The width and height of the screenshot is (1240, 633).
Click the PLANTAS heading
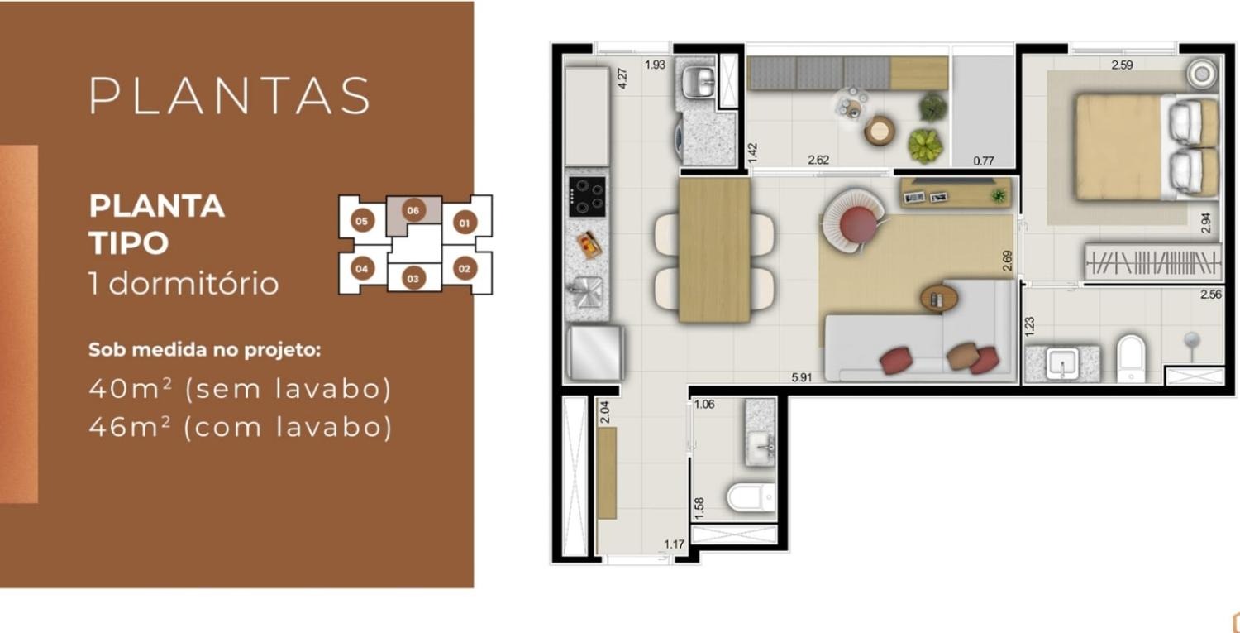(x=230, y=96)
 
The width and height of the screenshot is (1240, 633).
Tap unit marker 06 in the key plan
(x=413, y=211)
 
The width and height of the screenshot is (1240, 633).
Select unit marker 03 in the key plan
(x=413, y=278)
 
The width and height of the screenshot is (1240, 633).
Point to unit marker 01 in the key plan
(x=464, y=223)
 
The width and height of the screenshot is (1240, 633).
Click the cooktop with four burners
(x=587, y=197)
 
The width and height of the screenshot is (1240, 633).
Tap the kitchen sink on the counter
(x=585, y=291)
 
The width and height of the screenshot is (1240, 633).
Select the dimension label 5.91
(x=801, y=377)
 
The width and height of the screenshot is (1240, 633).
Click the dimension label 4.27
(x=622, y=78)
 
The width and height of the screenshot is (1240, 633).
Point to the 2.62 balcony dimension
(x=818, y=161)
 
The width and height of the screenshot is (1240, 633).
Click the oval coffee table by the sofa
(x=939, y=299)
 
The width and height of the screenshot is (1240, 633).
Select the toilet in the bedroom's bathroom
(x=1130, y=358)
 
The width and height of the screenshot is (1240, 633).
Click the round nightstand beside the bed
(x=1202, y=74)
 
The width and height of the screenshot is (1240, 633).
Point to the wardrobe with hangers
(x=1152, y=261)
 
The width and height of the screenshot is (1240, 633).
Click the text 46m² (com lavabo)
(x=241, y=427)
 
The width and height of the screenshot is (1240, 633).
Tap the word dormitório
(x=193, y=284)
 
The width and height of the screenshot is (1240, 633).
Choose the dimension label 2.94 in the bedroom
(x=1206, y=223)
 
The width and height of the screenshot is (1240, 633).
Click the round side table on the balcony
(x=879, y=132)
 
